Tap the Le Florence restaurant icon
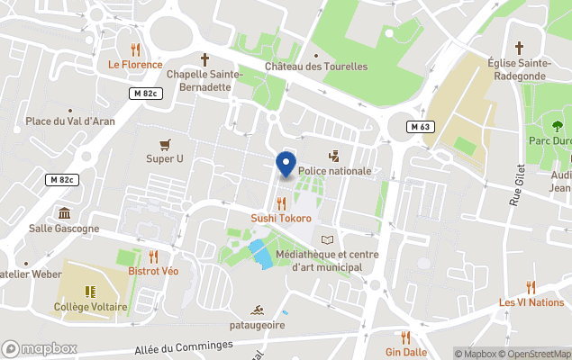(x=135, y=49)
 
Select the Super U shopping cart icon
(x=165, y=144)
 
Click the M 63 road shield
(x=420, y=126)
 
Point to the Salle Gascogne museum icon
(x=64, y=213)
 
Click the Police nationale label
(x=334, y=171)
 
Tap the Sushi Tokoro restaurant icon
(x=281, y=203)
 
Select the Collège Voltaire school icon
(x=89, y=291)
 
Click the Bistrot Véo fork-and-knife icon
(x=153, y=256)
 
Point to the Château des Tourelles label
(x=316, y=67)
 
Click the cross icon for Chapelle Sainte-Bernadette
(x=204, y=59)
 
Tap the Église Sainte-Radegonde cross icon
(x=519, y=47)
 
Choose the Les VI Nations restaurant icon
(x=531, y=287)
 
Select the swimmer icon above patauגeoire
(x=257, y=309)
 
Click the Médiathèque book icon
(x=327, y=239)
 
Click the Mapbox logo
(x=40, y=348)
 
